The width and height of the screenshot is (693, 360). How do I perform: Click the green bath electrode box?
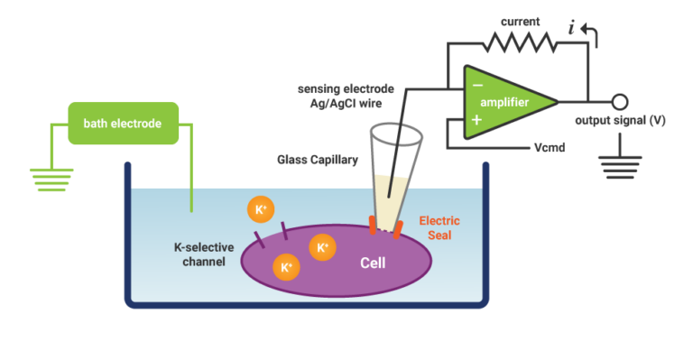coord(123,123)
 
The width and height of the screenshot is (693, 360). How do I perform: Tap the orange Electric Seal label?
coord(439,227)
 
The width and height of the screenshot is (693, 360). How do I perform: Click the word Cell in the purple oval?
coord(374,265)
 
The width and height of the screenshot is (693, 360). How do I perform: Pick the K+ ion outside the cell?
coord(261,210)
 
